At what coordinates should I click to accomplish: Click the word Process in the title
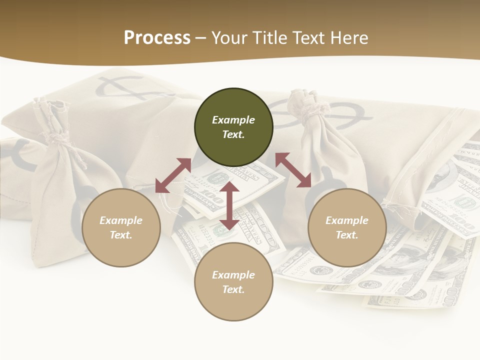click(x=157, y=38)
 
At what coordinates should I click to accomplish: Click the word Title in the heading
click(x=268, y=38)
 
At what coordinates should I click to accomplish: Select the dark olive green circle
click(x=233, y=127)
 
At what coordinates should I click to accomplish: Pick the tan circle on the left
click(x=121, y=227)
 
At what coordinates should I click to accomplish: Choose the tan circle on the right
click(x=347, y=227)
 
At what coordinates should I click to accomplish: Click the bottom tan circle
click(x=233, y=282)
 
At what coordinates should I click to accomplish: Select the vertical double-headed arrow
click(x=229, y=205)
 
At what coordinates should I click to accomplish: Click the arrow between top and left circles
click(x=173, y=175)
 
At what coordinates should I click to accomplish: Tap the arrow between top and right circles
click(x=293, y=170)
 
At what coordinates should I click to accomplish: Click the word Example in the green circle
click(x=233, y=120)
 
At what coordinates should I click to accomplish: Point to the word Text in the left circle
click(x=121, y=235)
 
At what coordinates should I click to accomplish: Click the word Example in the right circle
click(x=347, y=220)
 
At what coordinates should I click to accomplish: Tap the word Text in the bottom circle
click(x=233, y=289)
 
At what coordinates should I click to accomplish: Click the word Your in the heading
click(x=228, y=38)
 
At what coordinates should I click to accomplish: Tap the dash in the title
click(x=201, y=38)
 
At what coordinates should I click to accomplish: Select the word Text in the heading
click(x=308, y=38)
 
